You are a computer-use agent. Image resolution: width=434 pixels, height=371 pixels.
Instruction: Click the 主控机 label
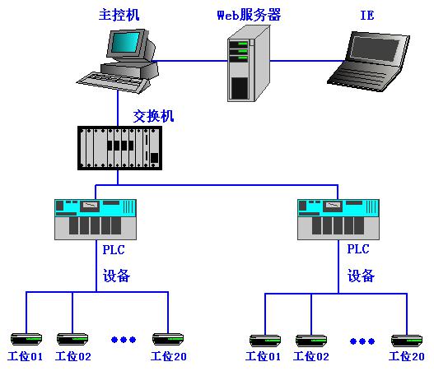(x=119, y=15)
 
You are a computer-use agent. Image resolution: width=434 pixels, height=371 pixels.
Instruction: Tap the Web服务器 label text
(x=249, y=15)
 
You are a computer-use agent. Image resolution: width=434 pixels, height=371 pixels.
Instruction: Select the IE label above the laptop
(x=367, y=15)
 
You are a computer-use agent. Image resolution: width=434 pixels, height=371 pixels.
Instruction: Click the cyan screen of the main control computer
(x=126, y=43)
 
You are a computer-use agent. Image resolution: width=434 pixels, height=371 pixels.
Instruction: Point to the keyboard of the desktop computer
(x=113, y=81)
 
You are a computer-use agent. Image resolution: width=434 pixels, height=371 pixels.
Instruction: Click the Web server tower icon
(x=249, y=63)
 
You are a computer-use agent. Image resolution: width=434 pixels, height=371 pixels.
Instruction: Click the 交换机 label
(x=153, y=116)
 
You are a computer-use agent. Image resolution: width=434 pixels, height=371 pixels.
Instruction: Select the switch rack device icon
(x=119, y=148)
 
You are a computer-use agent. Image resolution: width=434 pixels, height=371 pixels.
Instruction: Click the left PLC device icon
(x=96, y=219)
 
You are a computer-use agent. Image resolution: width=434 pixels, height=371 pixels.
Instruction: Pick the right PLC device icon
(x=338, y=219)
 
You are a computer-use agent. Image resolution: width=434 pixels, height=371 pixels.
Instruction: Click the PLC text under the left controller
(x=114, y=250)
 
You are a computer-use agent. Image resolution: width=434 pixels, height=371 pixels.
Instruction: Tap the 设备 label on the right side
(x=361, y=276)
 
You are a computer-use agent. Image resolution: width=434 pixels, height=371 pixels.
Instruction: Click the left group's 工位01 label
(x=26, y=356)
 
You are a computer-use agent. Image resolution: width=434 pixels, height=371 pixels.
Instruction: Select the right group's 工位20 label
(x=407, y=356)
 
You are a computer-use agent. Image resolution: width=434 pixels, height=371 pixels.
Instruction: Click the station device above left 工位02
(x=72, y=339)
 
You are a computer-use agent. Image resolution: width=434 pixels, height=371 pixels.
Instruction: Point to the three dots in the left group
(x=124, y=340)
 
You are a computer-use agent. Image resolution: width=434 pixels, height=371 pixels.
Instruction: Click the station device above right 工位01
(x=265, y=341)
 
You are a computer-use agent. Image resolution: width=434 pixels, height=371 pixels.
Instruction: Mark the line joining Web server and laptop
(x=307, y=61)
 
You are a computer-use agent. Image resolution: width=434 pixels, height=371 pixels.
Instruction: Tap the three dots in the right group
(x=362, y=341)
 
